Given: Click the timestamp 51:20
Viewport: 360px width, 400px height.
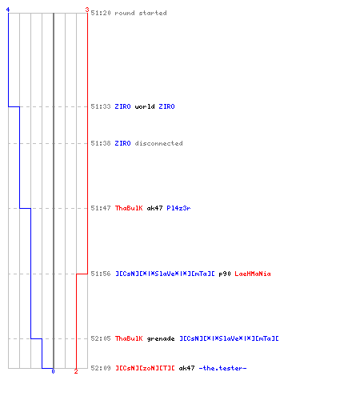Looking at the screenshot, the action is (101, 13).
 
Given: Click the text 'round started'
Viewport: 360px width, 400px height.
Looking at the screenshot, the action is (141, 13).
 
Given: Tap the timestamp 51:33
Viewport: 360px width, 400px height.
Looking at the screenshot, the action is (101, 106).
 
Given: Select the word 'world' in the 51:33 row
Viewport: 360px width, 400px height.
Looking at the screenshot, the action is (145, 106).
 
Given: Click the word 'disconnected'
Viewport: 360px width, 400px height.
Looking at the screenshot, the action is (159, 143).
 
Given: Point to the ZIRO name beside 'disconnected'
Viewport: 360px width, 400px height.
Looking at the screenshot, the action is (123, 143).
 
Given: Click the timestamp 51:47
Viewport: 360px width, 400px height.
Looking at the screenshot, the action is (101, 208).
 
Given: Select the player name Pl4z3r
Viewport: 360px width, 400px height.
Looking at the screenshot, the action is (178, 208).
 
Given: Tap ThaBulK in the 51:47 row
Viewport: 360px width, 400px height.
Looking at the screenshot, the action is (129, 208).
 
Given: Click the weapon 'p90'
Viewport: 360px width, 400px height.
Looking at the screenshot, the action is (225, 274).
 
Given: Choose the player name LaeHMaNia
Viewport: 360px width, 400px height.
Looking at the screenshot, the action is (253, 274).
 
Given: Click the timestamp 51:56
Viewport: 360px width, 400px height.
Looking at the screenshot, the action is (101, 274).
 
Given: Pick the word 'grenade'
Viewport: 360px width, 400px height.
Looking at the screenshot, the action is (161, 338).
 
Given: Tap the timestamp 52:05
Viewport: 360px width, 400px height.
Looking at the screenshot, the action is (101, 338).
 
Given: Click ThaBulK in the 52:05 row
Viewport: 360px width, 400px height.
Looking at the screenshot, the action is (129, 338).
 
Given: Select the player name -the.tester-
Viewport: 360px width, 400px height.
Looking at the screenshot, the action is (222, 368).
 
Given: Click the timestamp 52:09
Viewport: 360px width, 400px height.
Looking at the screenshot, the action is (101, 368).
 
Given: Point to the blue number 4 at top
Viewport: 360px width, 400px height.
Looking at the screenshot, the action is (8, 10).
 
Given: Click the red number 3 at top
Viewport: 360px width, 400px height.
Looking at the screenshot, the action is (87, 10).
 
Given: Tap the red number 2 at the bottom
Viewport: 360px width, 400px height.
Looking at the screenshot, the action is (76, 371).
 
